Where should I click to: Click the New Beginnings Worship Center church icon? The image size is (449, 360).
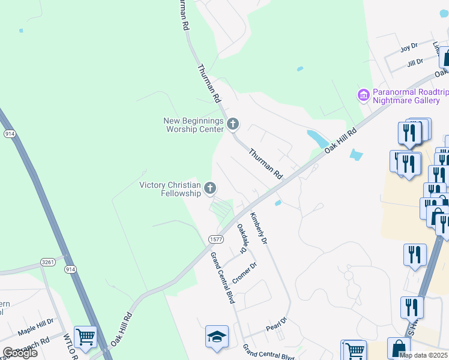pos(233,124)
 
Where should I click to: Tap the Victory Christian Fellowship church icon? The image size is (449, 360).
pos(210,188)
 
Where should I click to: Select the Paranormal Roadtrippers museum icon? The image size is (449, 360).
pos(363,95)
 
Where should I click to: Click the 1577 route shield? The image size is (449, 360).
pos(217,239)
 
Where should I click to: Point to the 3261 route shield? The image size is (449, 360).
pos(48,262)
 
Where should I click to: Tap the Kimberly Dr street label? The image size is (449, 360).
pos(258,227)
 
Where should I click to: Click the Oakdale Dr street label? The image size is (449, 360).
pos(242,238)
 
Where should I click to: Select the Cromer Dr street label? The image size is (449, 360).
pos(244,274)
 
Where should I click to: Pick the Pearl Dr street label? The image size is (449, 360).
pos(276,327)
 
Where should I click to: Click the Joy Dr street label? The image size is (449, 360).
pos(409,47)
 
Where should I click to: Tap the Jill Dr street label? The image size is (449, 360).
pos(415,61)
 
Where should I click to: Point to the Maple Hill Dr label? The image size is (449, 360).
pos(35,330)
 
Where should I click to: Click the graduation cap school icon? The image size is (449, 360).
pos(217,337)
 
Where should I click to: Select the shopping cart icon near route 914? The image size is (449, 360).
pos(85,337)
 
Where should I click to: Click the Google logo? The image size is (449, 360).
pos(20,353)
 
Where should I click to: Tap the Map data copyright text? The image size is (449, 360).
pos(423,355)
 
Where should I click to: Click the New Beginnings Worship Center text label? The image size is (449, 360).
pos(193,125)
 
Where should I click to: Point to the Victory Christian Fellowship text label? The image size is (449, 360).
pos(170,189)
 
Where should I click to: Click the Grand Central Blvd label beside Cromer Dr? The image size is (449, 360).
pos(222,278)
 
